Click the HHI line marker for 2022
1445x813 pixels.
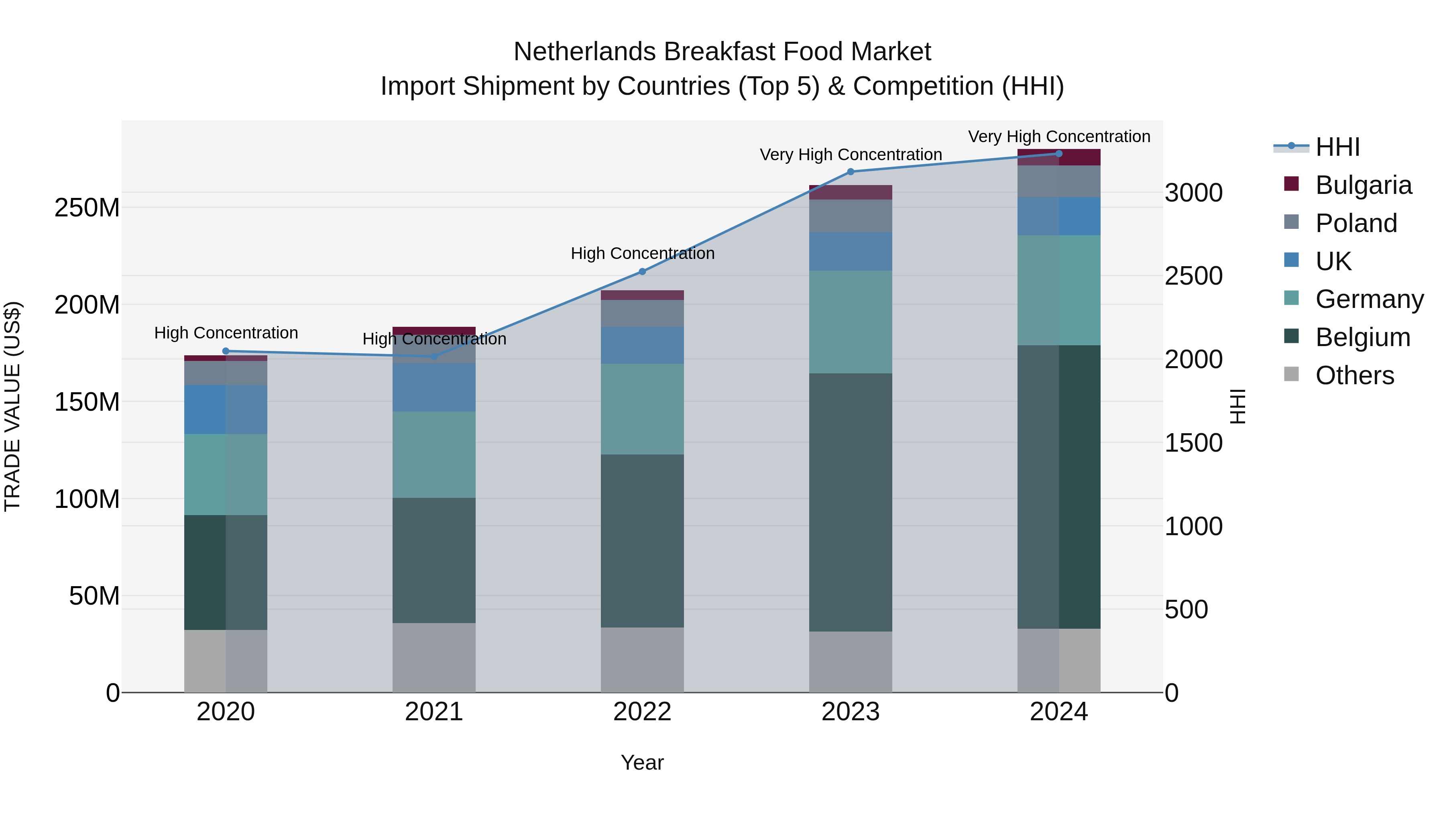[x=642, y=271]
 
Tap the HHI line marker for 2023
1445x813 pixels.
[x=851, y=172]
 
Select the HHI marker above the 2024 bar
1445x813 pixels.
[x=1058, y=154]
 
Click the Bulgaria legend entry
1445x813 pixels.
[x=1363, y=185]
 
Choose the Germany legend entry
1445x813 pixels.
[x=1369, y=299]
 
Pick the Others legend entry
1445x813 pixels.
[x=1354, y=375]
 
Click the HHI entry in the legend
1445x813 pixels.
[x=1337, y=147]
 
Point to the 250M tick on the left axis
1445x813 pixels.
[x=87, y=208]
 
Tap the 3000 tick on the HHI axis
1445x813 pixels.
[x=1194, y=193]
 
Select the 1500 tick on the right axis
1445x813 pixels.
[x=1194, y=443]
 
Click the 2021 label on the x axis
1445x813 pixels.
[x=433, y=712]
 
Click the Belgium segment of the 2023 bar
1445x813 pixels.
[x=851, y=502]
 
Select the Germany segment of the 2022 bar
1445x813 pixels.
[x=642, y=409]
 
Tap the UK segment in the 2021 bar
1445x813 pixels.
[x=433, y=388]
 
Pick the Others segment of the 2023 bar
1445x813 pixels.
[x=851, y=662]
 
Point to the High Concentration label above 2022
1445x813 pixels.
[x=642, y=254]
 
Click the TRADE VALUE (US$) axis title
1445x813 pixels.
[x=12, y=406]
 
